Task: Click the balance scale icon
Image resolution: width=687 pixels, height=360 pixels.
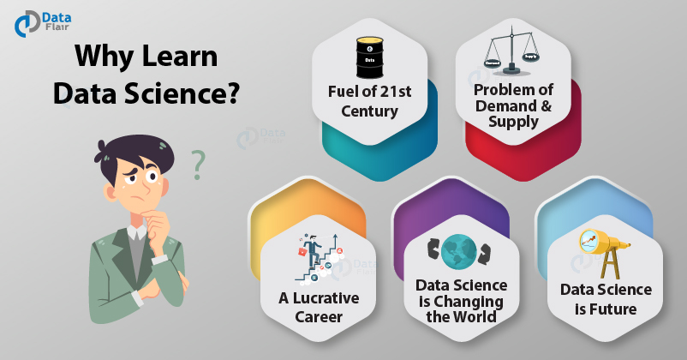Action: [513, 51]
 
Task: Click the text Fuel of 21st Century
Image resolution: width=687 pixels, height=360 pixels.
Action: [370, 100]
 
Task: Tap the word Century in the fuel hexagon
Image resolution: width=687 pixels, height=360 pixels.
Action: [370, 111]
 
